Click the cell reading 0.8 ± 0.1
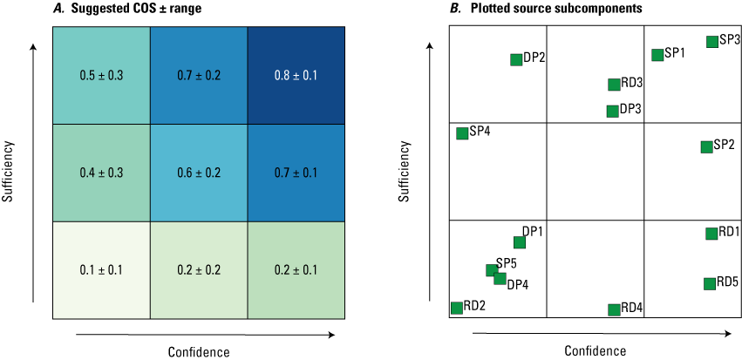297,75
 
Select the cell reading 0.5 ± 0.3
101,75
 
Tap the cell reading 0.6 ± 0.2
199,173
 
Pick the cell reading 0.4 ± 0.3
101,173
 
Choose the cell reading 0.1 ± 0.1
101,269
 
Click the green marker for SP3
712,41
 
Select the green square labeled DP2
516,59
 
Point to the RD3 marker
615,85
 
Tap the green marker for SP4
462,133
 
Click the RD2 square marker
456,307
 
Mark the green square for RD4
615,309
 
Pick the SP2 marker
706,146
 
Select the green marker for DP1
520,242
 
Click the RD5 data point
710,283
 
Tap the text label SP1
674,53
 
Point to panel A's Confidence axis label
199,351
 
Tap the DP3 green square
613,111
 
